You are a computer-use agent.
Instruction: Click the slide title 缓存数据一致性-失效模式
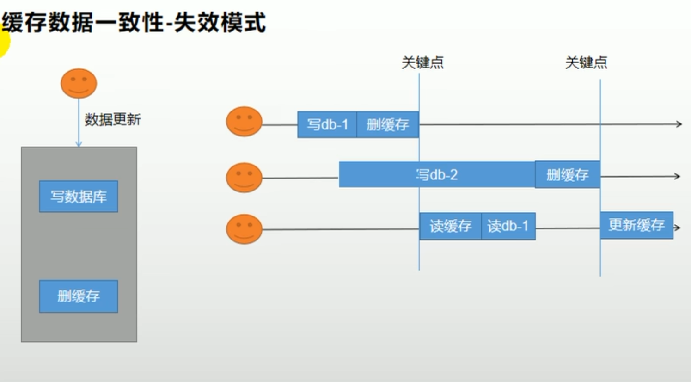tap(134, 22)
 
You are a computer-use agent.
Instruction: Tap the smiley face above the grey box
tap(79, 83)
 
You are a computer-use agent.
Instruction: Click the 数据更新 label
tap(112, 120)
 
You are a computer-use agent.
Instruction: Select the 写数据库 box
tap(79, 197)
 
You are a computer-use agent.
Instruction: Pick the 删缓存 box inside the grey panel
tap(79, 296)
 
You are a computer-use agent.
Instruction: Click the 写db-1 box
tap(327, 124)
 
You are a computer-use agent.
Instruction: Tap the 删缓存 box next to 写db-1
tap(388, 124)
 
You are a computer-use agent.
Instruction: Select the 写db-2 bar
tap(437, 175)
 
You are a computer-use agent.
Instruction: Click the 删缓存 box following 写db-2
tap(568, 175)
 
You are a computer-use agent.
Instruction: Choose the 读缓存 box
tap(450, 226)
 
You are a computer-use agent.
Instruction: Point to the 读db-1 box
tap(508, 226)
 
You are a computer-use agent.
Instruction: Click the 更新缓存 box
tap(636, 225)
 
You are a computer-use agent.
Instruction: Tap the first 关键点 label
tap(422, 62)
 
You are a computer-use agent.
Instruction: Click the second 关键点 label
tap(586, 62)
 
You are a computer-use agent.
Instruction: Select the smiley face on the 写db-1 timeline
tap(244, 122)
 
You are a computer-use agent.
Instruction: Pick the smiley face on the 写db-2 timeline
tap(244, 177)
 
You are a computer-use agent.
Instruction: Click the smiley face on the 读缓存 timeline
tap(244, 229)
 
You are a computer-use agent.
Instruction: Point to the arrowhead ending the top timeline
tap(679, 124)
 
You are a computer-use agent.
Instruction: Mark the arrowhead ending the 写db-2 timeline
tap(677, 176)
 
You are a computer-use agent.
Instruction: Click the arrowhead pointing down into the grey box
tap(79, 144)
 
